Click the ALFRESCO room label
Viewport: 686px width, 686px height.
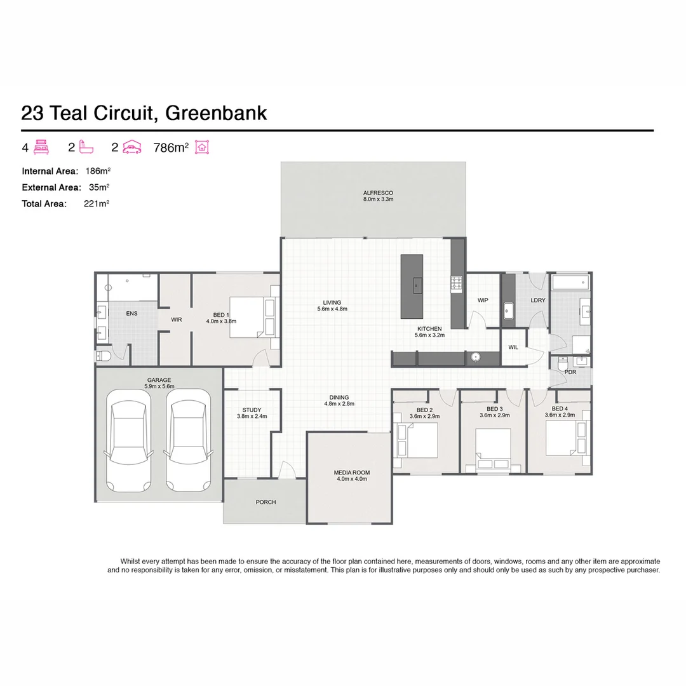(378, 193)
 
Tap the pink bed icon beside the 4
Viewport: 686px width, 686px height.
(41, 147)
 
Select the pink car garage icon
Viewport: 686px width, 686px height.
(131, 147)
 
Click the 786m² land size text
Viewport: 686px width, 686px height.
(171, 148)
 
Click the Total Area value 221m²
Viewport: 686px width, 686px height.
(97, 204)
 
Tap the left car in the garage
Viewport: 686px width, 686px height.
(128, 440)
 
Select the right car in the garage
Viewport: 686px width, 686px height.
(189, 440)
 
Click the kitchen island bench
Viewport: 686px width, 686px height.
(412, 287)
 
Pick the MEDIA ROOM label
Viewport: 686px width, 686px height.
(352, 473)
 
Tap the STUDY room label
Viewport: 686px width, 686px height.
(252, 410)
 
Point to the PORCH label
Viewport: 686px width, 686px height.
(266, 502)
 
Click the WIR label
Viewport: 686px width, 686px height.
(177, 319)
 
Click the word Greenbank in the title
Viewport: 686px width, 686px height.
(216, 113)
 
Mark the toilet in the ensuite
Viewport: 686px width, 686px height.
(104, 356)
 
